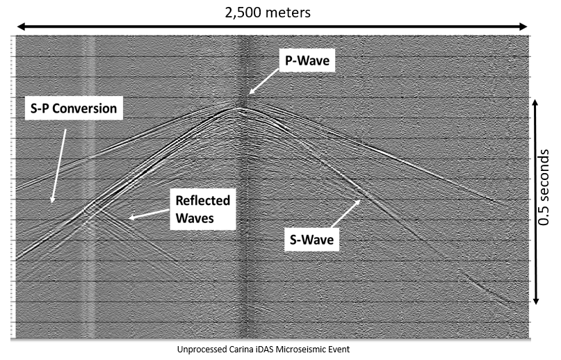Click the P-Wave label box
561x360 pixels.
tap(307, 60)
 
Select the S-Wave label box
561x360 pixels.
tap(311, 239)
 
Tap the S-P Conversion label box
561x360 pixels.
tap(74, 108)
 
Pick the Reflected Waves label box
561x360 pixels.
tap(202, 209)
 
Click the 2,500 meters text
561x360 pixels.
tap(268, 13)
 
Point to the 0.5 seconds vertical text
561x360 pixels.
tap(544, 187)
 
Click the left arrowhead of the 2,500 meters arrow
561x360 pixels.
tap(21, 26)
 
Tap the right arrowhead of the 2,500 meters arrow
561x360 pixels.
tap(523, 26)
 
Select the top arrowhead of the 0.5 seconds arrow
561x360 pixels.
tap(535, 103)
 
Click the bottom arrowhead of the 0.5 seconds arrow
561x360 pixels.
tap(535, 300)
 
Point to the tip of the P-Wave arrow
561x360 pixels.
tap(249, 94)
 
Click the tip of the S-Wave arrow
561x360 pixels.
tap(361, 200)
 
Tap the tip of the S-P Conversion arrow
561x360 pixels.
tap(52, 203)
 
